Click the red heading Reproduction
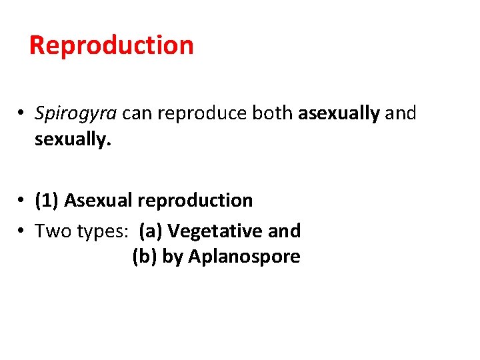tap(111, 45)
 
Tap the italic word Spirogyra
tap(76, 113)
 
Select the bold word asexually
tap(339, 113)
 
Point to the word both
tap(272, 113)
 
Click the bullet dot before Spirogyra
tap(22, 114)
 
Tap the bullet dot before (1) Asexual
tap(22, 201)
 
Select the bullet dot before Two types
tap(22, 231)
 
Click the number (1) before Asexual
tap(47, 200)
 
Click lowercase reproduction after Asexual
tap(193, 200)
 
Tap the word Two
tap(50, 231)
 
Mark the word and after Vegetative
tap(284, 231)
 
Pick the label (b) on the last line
tap(145, 256)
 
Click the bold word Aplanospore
tap(244, 256)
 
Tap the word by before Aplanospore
tap(173, 256)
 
